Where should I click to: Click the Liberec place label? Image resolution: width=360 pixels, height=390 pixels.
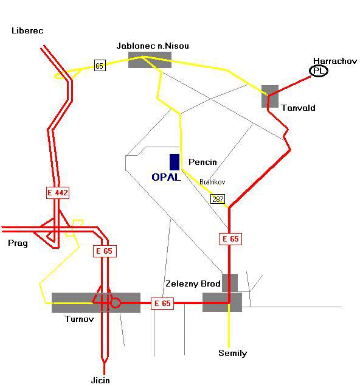click(27, 31)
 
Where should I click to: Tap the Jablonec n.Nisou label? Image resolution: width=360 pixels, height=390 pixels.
click(153, 46)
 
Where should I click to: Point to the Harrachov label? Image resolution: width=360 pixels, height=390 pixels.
click(335, 61)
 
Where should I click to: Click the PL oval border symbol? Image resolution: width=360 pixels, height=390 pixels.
click(319, 71)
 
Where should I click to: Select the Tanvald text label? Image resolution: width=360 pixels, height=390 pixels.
click(298, 108)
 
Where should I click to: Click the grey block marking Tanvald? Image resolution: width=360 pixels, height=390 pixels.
click(270, 97)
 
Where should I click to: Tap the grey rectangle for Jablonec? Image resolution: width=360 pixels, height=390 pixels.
click(150, 60)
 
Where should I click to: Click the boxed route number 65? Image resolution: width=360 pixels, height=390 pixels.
click(100, 66)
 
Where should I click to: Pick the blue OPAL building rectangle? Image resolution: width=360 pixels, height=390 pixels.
click(175, 162)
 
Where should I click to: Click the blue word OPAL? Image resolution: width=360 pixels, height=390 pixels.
click(166, 177)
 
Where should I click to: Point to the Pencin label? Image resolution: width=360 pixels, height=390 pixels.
click(202, 162)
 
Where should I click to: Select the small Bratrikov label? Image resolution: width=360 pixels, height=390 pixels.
click(212, 182)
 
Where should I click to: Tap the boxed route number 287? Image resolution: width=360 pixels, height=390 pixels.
click(218, 199)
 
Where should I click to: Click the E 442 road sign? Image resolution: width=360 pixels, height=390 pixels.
click(58, 192)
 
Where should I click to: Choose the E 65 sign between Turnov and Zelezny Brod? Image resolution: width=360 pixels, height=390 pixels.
click(162, 304)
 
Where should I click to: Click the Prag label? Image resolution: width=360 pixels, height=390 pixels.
click(18, 243)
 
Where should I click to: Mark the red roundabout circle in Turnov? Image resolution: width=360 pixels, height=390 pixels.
click(116, 303)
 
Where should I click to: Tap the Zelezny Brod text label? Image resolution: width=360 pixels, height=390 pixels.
click(193, 284)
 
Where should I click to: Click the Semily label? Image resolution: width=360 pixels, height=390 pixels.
click(233, 353)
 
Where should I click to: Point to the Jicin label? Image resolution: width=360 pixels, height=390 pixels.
click(100, 380)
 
